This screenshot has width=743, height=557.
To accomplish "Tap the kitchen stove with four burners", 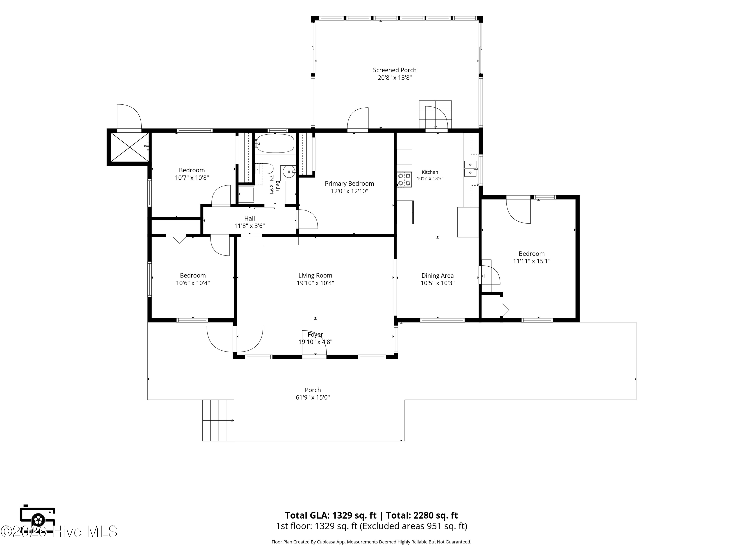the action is point(404,179).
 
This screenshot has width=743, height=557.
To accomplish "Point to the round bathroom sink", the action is point(289,172).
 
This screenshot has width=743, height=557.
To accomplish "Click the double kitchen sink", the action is point(471,169).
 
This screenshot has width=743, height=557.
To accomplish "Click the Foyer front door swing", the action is point(314,342).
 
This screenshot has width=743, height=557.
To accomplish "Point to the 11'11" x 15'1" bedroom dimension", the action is point(532,261).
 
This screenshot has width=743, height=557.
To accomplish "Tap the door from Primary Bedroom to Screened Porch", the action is point(358,119).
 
